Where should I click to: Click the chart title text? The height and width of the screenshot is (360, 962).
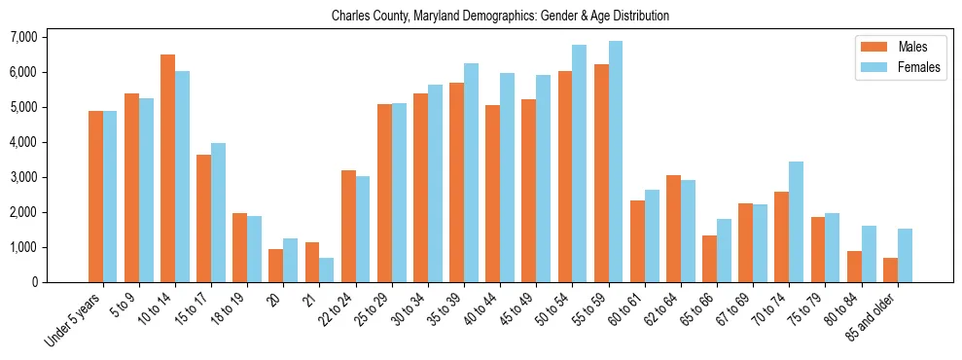(x=500, y=17)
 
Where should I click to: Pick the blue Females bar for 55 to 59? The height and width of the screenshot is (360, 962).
(x=615, y=162)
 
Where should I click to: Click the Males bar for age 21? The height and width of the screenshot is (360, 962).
(x=312, y=262)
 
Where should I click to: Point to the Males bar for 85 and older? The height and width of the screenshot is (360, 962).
(x=890, y=270)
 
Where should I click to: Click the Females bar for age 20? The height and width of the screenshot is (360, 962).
(x=290, y=260)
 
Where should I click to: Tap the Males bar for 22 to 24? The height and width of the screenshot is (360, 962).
(x=348, y=226)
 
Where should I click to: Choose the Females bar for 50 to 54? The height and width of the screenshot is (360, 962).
(x=579, y=163)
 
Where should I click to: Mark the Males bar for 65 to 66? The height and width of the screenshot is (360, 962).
(x=709, y=259)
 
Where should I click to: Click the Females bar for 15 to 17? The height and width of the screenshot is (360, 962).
(x=218, y=212)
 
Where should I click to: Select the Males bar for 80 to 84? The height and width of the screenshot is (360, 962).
(x=854, y=267)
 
